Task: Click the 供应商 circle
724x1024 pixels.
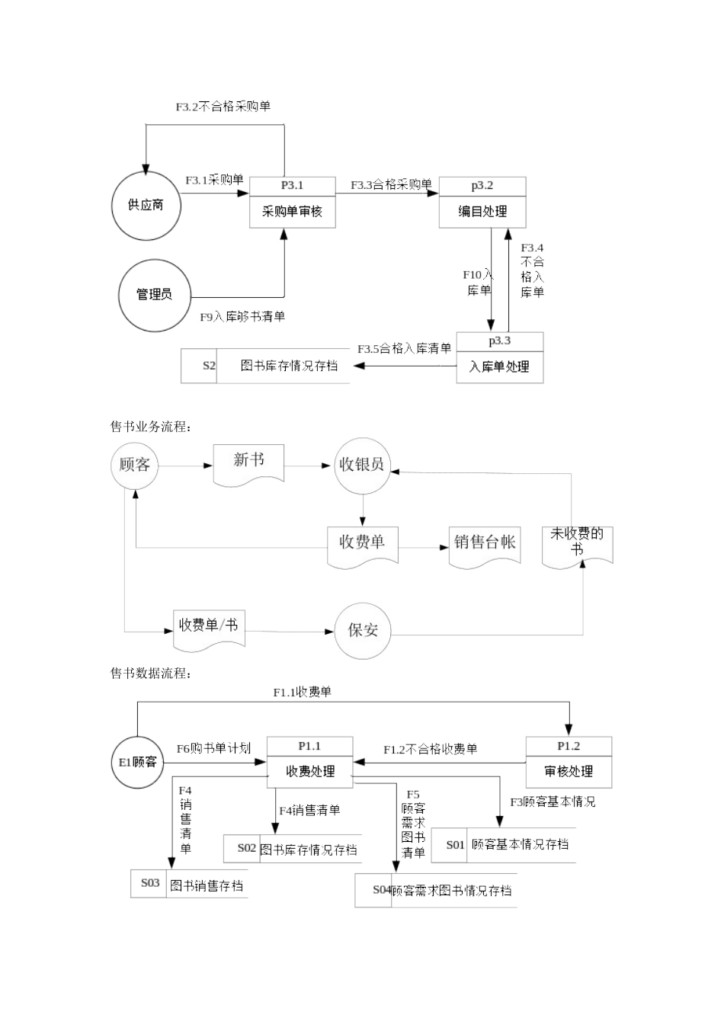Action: point(146,205)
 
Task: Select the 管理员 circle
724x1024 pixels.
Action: point(154,295)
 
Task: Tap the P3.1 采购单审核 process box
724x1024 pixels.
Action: point(293,203)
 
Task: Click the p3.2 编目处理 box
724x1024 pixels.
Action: point(482,203)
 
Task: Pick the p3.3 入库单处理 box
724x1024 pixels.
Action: point(499,357)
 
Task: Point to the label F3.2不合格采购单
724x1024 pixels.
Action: point(223,107)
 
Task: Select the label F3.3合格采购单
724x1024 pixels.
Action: point(391,184)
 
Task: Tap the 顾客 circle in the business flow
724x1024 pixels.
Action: point(135,465)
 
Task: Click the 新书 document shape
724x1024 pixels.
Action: point(249,462)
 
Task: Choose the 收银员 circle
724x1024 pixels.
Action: point(362,465)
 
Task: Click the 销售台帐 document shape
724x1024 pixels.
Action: point(485,543)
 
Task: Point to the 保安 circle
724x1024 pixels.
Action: point(363,630)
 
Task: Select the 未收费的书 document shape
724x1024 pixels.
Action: point(577,542)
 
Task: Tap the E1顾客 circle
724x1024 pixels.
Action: point(137,762)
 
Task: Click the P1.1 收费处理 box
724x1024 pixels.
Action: point(309,762)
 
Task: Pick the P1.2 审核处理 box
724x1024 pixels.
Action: point(569,762)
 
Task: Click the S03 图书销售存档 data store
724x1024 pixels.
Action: point(189,884)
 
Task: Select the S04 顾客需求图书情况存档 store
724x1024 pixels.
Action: point(435,890)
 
